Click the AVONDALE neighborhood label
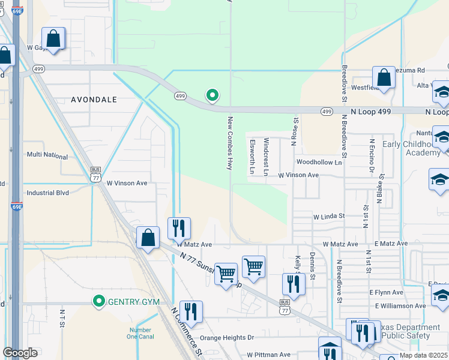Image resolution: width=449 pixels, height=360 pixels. pos(94,99)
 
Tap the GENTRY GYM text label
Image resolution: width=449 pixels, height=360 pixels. pos(133,301)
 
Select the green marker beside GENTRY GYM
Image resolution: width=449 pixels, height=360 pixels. pos(98,301)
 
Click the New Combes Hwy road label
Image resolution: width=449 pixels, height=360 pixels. pos(229,144)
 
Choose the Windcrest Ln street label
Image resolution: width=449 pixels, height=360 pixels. pos(267,156)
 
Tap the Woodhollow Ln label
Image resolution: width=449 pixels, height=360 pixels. pos(319,163)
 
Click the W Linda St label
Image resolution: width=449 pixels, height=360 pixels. pos(329,216)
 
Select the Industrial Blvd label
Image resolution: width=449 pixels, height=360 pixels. pos(47,193)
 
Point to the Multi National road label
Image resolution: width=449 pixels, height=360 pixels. pos(47,155)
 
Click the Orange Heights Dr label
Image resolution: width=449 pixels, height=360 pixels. pos(227,338)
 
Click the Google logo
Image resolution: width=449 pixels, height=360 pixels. pos(20,353)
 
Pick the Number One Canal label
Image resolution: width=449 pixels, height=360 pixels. pos(140,334)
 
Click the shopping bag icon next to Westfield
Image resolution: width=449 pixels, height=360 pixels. pos(384,77)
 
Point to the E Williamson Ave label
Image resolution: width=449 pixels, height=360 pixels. pos(400,306)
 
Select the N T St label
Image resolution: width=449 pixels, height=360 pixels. pos(62,318)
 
